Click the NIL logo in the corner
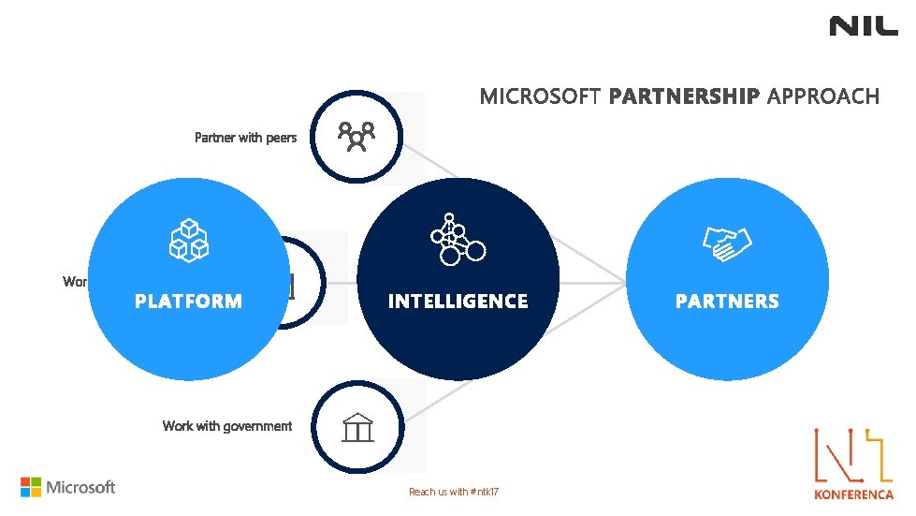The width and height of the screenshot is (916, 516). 863,26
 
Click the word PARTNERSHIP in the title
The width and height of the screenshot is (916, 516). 684,96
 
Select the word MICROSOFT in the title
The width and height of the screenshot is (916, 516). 540,96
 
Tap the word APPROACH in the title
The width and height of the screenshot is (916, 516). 823,96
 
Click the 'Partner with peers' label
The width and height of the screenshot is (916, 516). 245,138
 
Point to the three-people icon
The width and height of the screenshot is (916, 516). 356,137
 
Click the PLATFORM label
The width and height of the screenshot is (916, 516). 188,302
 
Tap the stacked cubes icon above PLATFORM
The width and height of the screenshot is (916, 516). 188,239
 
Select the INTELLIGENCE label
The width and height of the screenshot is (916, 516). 458,302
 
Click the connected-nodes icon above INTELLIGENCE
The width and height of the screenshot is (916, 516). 458,240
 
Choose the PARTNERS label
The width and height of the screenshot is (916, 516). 727,302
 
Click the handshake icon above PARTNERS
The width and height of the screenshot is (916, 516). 728,243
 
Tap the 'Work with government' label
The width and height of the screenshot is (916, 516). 227,426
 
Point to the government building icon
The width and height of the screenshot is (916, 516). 357,429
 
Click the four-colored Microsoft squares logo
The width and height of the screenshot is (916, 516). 31,487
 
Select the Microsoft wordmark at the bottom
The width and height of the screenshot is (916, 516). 81,487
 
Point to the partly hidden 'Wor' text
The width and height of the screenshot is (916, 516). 76,281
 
